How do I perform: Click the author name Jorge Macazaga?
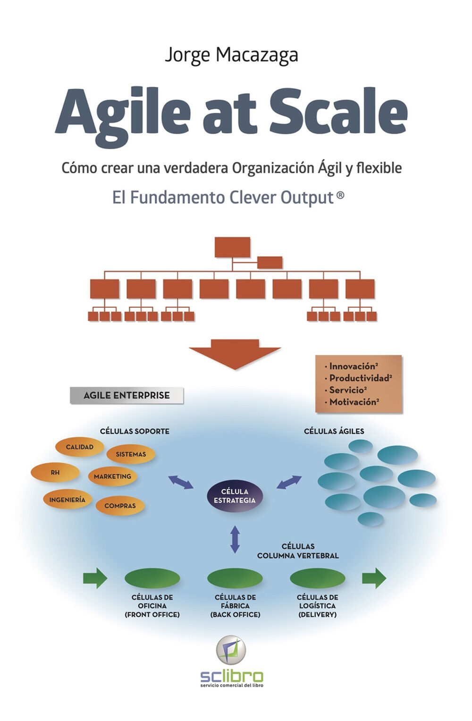point(231,55)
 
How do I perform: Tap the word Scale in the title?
point(338,111)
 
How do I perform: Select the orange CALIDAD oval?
point(79,447)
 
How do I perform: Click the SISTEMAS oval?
point(131,454)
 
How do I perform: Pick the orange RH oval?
point(55,472)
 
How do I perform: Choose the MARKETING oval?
point(112,476)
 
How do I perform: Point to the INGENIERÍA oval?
point(67,500)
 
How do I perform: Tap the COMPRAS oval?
point(120,506)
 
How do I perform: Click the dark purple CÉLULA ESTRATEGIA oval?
point(235,496)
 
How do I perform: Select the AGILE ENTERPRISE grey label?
point(126,396)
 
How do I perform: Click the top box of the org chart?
point(232,247)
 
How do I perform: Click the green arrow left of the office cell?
point(95,578)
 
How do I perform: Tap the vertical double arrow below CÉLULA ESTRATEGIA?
point(235,539)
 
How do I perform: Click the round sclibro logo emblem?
point(231,650)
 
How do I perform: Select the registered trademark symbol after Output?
point(340,195)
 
